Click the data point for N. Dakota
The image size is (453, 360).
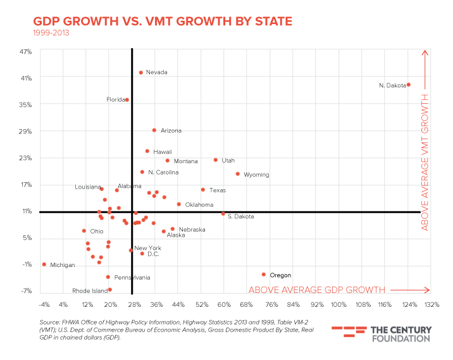(x=408, y=84)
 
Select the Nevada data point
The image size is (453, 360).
(x=141, y=73)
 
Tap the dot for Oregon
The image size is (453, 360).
(x=264, y=275)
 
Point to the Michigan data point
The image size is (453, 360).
(x=44, y=264)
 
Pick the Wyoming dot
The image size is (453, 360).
(x=238, y=174)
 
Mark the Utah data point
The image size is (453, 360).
(x=216, y=160)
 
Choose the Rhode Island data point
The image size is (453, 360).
(x=110, y=290)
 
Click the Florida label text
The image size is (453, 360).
(x=115, y=100)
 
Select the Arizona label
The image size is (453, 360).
(x=171, y=131)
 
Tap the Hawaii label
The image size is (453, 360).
(x=163, y=152)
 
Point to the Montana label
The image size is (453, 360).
(x=185, y=161)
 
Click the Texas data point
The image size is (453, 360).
(x=203, y=190)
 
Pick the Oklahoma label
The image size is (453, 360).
(x=199, y=205)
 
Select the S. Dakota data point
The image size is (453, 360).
(x=223, y=214)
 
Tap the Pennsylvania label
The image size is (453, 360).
(x=132, y=278)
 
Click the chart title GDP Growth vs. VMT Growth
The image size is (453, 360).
(x=163, y=22)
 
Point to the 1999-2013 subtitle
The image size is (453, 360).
(x=51, y=33)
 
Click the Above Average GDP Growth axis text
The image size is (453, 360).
(x=316, y=290)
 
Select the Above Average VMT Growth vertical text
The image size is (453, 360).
(x=425, y=162)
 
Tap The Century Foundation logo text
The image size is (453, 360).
(x=400, y=334)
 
